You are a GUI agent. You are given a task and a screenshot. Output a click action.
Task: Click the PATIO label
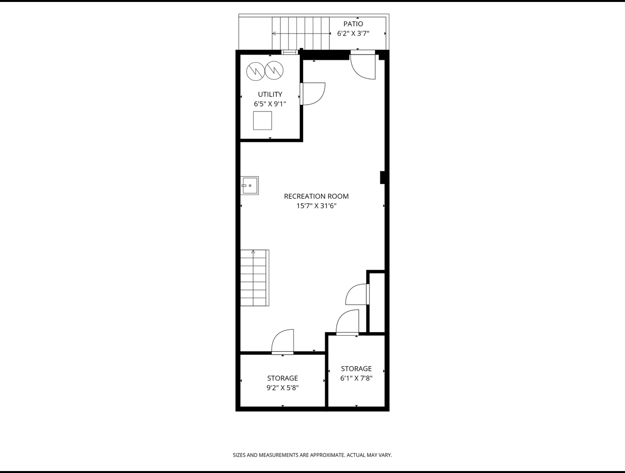tap(353, 24)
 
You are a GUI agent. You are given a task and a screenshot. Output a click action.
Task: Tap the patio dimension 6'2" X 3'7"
tap(353, 34)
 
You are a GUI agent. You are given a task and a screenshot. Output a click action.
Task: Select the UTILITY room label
tap(270, 95)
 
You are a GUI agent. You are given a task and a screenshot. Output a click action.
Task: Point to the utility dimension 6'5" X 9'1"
tap(270, 104)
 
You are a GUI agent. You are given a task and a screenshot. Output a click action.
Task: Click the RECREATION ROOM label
tap(316, 196)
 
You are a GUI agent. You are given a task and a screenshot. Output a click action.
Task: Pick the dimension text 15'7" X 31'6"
tap(316, 206)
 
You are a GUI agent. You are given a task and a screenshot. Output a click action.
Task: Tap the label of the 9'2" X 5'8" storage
tap(282, 378)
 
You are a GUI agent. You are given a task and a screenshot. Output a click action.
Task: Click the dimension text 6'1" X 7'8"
tap(356, 378)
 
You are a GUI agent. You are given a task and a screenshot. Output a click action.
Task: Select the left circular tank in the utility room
tap(255, 71)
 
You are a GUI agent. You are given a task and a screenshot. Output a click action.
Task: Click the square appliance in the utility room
tap(262, 120)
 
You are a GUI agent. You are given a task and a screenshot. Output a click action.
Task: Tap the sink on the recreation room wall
tap(249, 186)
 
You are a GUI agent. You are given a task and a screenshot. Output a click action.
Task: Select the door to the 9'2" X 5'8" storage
tap(283, 342)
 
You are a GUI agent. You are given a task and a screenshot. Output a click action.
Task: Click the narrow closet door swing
tap(357, 294)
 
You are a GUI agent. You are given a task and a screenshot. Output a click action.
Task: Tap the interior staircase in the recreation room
tap(254, 278)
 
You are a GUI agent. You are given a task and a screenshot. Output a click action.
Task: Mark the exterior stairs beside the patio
tap(300, 33)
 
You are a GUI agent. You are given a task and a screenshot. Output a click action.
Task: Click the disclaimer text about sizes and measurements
tap(312, 455)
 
